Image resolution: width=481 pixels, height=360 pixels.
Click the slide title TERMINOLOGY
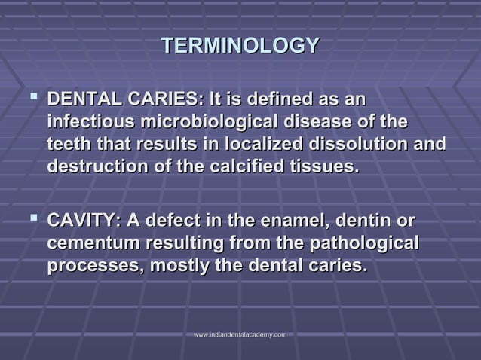[x=240, y=45]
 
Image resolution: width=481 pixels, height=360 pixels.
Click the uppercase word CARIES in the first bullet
[x=164, y=99]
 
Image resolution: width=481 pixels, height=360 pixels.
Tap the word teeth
[x=69, y=145]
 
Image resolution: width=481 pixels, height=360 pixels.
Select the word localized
[x=239, y=145]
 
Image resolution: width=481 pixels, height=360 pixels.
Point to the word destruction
[x=97, y=167]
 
